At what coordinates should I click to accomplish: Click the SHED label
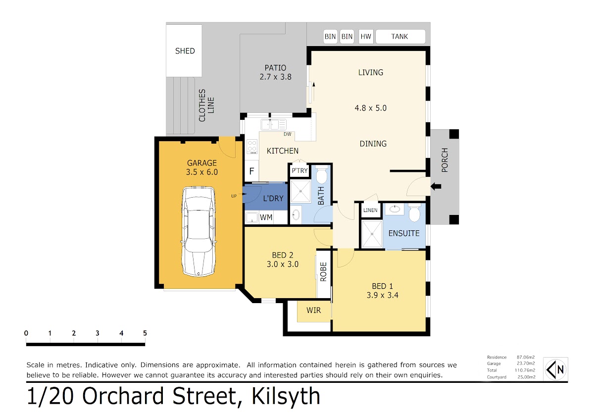[185, 51]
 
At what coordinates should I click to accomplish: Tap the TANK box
[400, 36]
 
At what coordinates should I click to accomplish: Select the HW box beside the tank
[366, 36]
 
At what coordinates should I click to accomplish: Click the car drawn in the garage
[198, 232]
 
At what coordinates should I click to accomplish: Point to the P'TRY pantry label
[299, 170]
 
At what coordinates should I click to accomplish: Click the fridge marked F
[251, 171]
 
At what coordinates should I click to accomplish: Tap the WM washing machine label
[266, 217]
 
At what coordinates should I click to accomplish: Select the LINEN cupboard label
[370, 210]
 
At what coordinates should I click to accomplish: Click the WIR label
[313, 310]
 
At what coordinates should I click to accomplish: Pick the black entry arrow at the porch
[436, 187]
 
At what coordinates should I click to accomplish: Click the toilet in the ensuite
[414, 212]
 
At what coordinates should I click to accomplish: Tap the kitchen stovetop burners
[252, 147]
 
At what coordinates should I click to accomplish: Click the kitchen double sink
[273, 124]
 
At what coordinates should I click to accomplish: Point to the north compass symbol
[555, 369]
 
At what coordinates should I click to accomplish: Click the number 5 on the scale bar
[145, 333]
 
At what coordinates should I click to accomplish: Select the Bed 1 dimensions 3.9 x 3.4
[382, 295]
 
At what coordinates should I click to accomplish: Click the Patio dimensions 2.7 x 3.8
[276, 77]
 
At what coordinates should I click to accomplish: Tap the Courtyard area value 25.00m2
[526, 377]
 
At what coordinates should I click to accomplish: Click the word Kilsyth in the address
[286, 396]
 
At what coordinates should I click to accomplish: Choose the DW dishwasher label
[288, 134]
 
